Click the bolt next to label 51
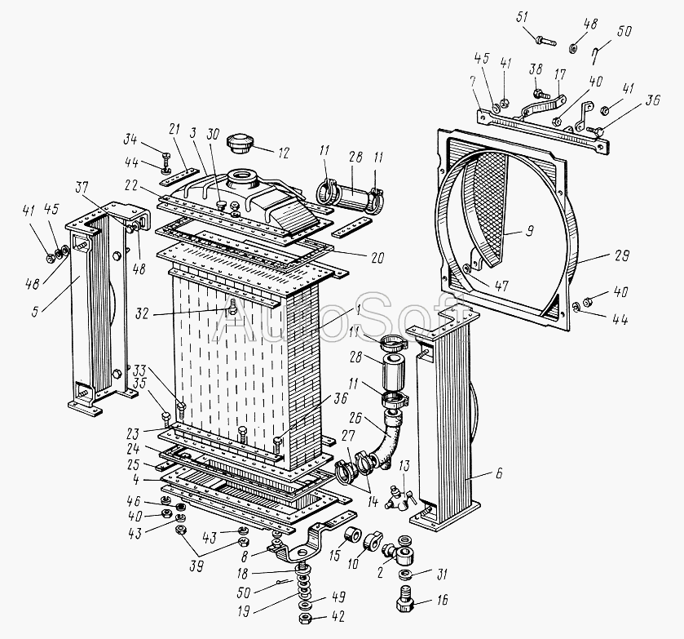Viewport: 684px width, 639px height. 545,38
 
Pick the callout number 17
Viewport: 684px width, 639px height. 559,73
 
